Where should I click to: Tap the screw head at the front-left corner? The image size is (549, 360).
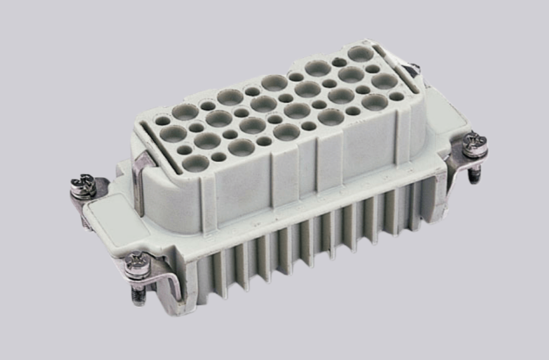pos(137,265)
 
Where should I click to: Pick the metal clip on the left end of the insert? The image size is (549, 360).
pos(141,181)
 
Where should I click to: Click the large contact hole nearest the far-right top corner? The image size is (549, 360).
pos(361,53)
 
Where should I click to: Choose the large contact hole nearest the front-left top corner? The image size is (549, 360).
pos(196,163)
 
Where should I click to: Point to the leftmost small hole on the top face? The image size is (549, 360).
pos(163,120)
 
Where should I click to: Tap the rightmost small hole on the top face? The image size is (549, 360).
pos(396,96)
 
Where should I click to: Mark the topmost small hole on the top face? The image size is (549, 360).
pos(339,62)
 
